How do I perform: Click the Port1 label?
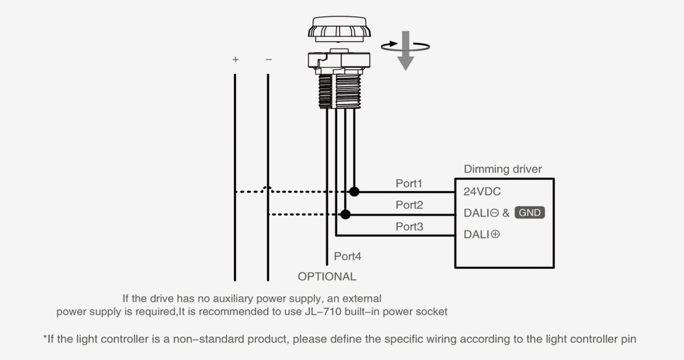409,183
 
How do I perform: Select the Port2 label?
409,205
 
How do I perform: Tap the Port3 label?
409,227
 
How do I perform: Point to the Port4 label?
347,257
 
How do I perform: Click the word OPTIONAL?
327,277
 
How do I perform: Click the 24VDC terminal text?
482,192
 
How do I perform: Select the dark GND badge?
530,213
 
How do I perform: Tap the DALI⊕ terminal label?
482,234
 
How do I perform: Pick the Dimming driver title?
503,169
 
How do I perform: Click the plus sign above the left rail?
235,60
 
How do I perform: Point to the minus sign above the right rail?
268,60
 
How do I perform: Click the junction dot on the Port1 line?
354,192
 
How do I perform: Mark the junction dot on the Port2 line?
345,214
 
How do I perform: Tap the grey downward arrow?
406,51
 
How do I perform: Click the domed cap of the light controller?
339,27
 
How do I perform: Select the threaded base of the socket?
339,91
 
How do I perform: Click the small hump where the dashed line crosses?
268,190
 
